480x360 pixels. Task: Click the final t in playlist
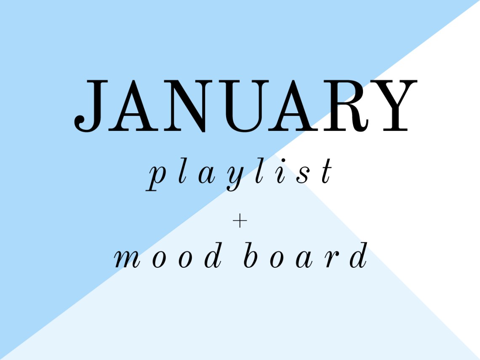point(326,173)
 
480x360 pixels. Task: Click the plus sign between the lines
point(240,222)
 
